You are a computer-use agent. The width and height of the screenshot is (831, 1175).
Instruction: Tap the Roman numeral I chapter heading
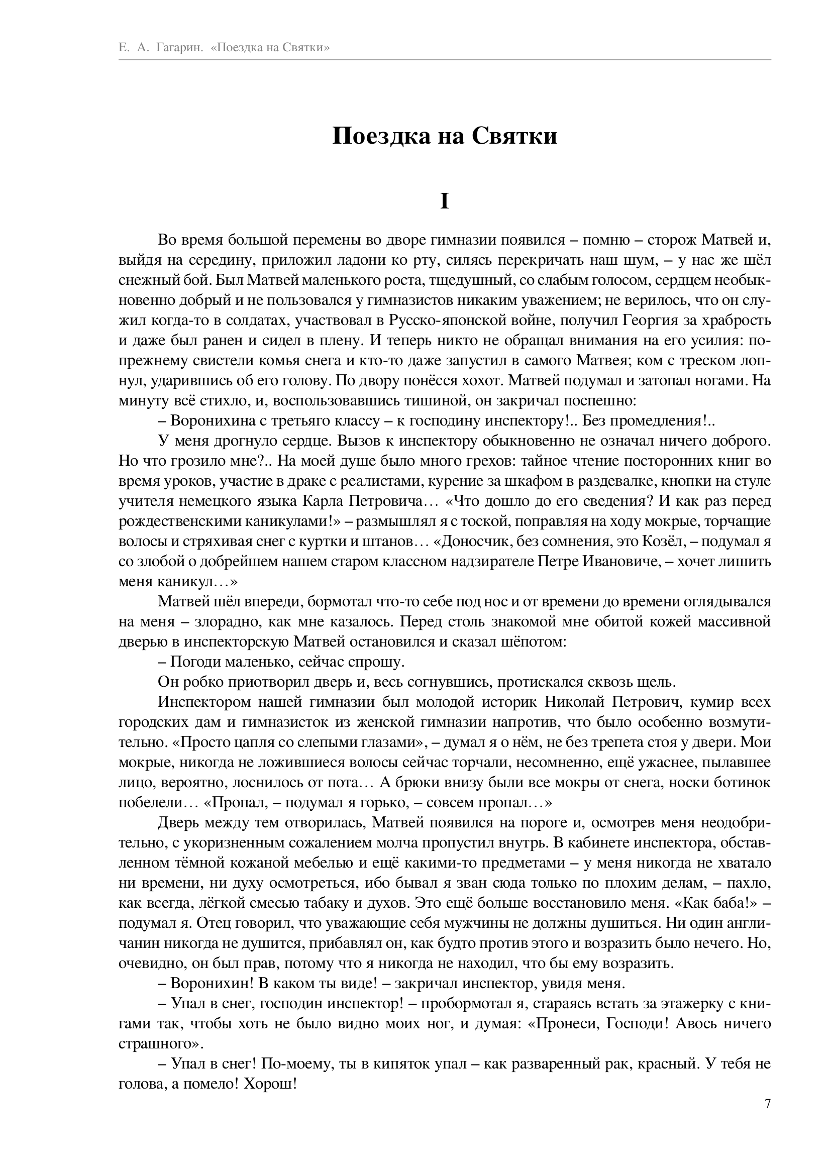444,201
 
